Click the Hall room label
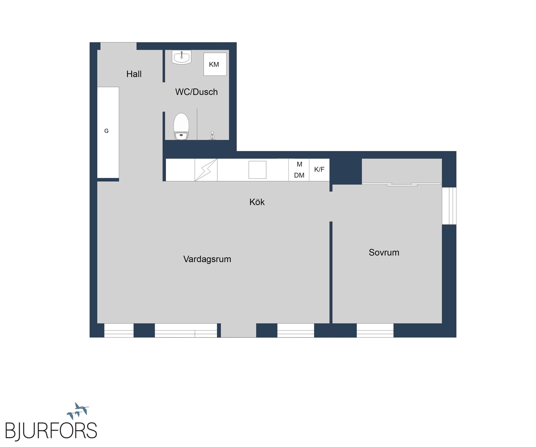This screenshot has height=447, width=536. pyautogui.click(x=134, y=74)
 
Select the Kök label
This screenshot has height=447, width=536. pyautogui.click(x=257, y=202)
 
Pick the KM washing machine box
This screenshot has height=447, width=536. pyautogui.click(x=215, y=64)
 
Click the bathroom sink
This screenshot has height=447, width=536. pyautogui.click(x=181, y=57)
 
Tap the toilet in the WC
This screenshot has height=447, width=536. pyautogui.click(x=181, y=126)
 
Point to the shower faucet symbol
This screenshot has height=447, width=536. pyautogui.click(x=212, y=136)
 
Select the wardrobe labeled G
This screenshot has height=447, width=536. pyautogui.click(x=108, y=132)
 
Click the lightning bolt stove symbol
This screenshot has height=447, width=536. pyautogui.click(x=206, y=170)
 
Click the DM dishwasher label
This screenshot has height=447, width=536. pyautogui.click(x=299, y=175)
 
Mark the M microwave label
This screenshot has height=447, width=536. pyautogui.click(x=299, y=164)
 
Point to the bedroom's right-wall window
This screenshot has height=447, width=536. pyautogui.click(x=449, y=206)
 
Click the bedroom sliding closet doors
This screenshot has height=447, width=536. pyautogui.click(x=402, y=184)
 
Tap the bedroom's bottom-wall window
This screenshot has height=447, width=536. pyautogui.click(x=375, y=330)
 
